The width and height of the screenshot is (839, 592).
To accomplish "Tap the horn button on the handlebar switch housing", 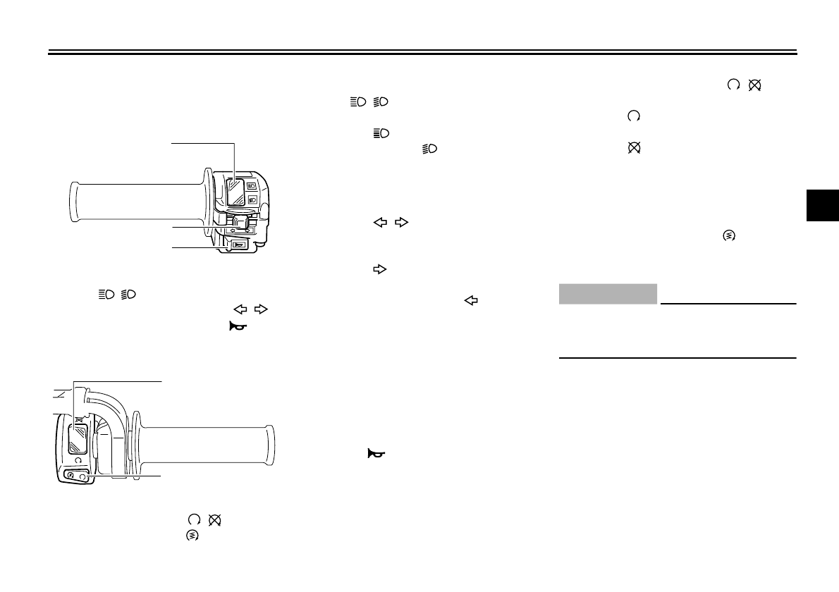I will click(238, 245).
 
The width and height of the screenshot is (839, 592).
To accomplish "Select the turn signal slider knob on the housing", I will click(243, 225).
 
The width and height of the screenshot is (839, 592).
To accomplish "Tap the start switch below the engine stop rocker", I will click(71, 476).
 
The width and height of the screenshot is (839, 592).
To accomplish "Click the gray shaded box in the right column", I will click(608, 294).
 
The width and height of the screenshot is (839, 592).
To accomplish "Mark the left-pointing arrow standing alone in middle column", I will click(470, 300).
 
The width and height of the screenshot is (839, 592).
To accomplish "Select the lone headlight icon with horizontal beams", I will click(381, 132).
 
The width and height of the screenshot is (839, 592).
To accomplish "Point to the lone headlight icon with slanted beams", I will click(429, 149).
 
